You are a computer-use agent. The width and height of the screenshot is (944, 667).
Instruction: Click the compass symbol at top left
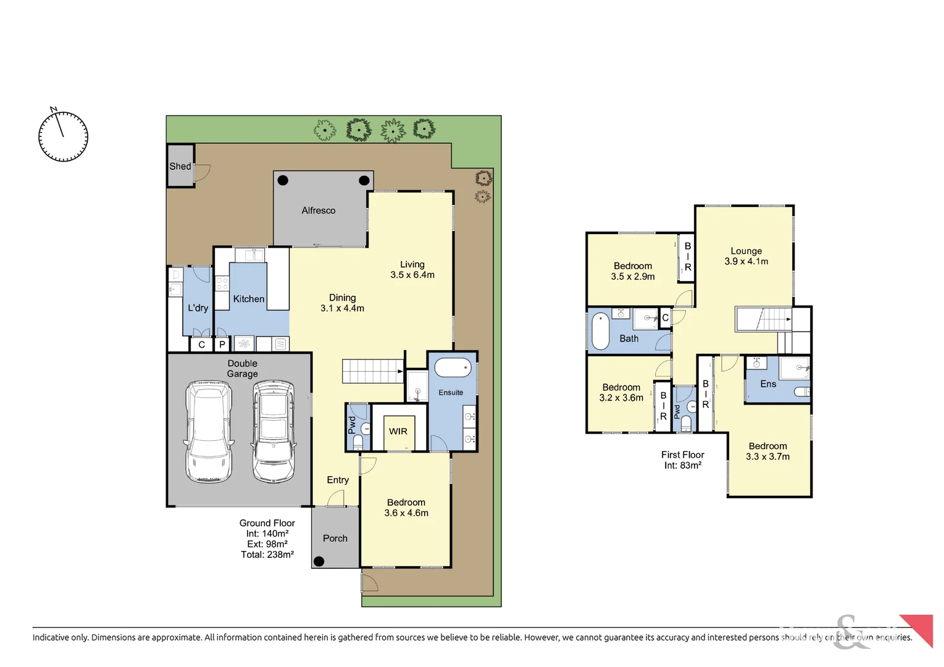pos(63,136)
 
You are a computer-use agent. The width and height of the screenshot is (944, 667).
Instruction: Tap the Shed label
pos(180,166)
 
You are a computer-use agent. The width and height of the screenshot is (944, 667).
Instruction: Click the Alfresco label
pos(319,211)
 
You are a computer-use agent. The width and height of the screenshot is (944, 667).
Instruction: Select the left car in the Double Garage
pos(209,430)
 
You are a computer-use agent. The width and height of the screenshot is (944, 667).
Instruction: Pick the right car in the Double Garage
pos(273,430)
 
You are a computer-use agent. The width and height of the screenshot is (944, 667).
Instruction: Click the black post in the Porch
pos(319,561)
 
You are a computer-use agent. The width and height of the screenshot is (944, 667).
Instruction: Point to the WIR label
pos(398,431)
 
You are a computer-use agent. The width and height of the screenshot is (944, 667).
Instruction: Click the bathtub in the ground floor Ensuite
pos(453,368)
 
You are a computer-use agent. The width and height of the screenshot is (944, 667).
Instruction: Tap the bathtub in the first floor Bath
pos(600,331)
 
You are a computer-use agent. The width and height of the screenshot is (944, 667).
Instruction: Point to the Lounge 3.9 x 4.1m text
pos(746,256)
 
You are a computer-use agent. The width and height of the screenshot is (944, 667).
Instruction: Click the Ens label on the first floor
pos(768,384)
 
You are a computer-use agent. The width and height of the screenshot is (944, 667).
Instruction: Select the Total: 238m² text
pos(267,555)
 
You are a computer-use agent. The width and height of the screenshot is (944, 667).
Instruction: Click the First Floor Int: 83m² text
pos(683,460)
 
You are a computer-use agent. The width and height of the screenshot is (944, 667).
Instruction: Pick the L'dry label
pos(198,308)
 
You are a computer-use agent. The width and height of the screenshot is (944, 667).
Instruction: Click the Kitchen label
pos(249,299)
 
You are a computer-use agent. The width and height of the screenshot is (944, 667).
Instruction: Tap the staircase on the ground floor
pos(373,371)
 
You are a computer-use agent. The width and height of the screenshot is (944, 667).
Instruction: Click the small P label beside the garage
pos(222,345)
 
